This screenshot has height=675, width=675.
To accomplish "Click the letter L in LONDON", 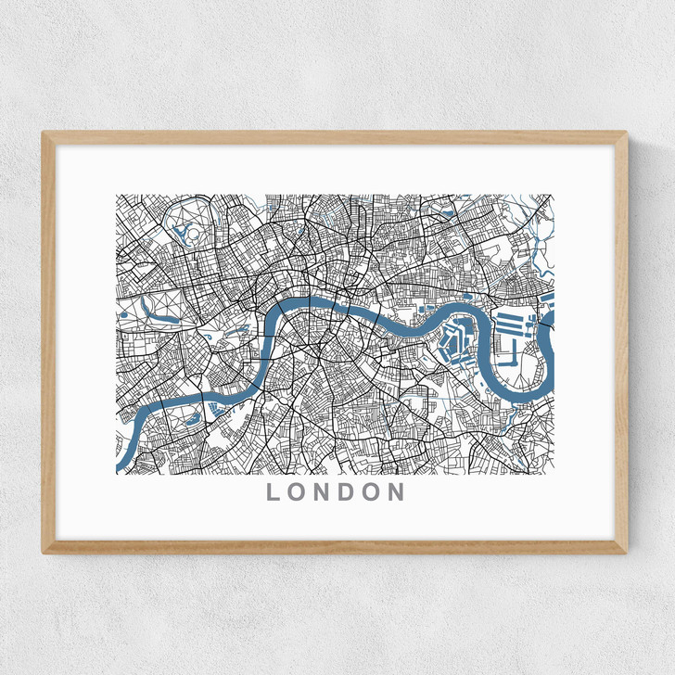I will coord(274,492).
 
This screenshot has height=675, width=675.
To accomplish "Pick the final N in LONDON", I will coord(397,492).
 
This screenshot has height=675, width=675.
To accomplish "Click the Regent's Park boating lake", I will coord(182,233).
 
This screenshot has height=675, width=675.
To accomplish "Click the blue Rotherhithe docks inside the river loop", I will coord(455,344).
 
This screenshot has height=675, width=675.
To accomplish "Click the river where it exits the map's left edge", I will coord(120,460).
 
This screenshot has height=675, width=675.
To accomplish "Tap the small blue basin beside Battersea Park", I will coord(215,406).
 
